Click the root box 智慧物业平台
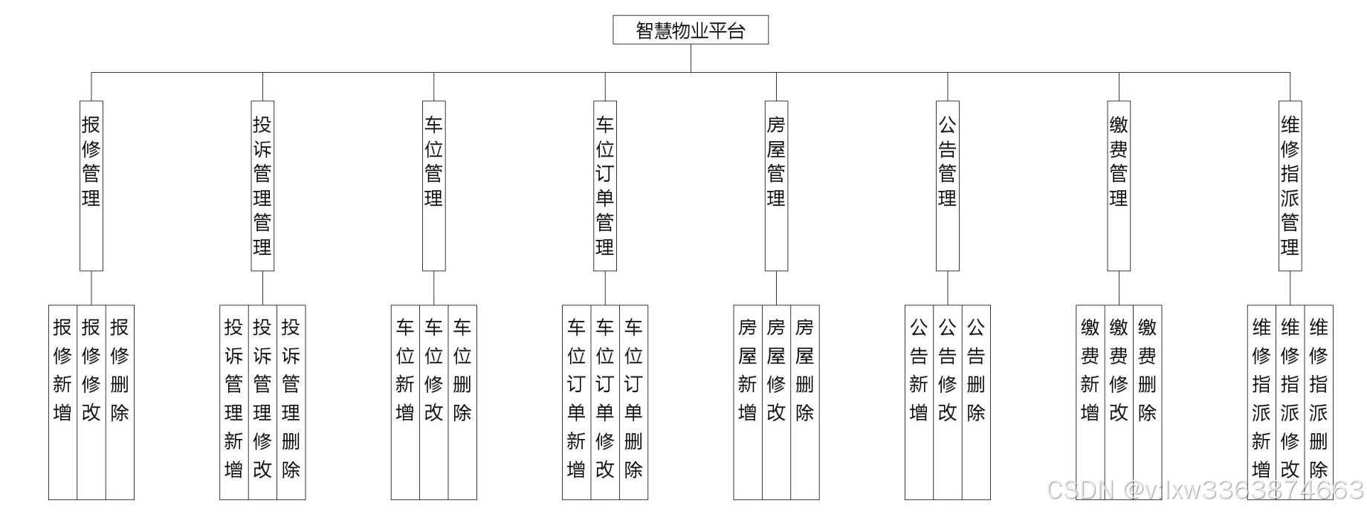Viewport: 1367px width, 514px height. click(x=690, y=30)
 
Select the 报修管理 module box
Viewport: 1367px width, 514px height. click(x=91, y=186)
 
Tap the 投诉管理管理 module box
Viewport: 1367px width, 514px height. click(x=262, y=186)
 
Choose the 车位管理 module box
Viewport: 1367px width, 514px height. click(x=434, y=186)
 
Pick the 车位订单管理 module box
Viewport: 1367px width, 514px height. click(x=605, y=186)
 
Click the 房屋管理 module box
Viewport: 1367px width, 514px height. click(x=776, y=186)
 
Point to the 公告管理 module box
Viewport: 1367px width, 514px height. click(x=947, y=186)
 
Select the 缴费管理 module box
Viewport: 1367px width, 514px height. click(x=1119, y=186)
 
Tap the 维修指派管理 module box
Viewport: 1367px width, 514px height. click(x=1290, y=186)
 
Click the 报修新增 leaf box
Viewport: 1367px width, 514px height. click(x=62, y=401)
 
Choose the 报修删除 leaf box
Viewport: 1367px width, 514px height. click(x=120, y=401)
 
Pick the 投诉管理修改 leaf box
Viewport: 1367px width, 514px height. click(x=262, y=401)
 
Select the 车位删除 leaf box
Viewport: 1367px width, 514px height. click(x=462, y=401)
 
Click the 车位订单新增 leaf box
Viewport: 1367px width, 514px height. click(x=576, y=401)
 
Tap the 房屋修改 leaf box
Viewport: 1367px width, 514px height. click(x=776, y=401)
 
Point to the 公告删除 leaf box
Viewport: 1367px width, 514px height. click(x=976, y=401)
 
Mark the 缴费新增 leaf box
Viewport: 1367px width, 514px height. click(x=1090, y=401)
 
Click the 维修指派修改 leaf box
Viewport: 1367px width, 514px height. click(x=1290, y=401)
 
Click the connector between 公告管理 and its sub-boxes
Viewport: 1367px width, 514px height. click(x=948, y=288)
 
